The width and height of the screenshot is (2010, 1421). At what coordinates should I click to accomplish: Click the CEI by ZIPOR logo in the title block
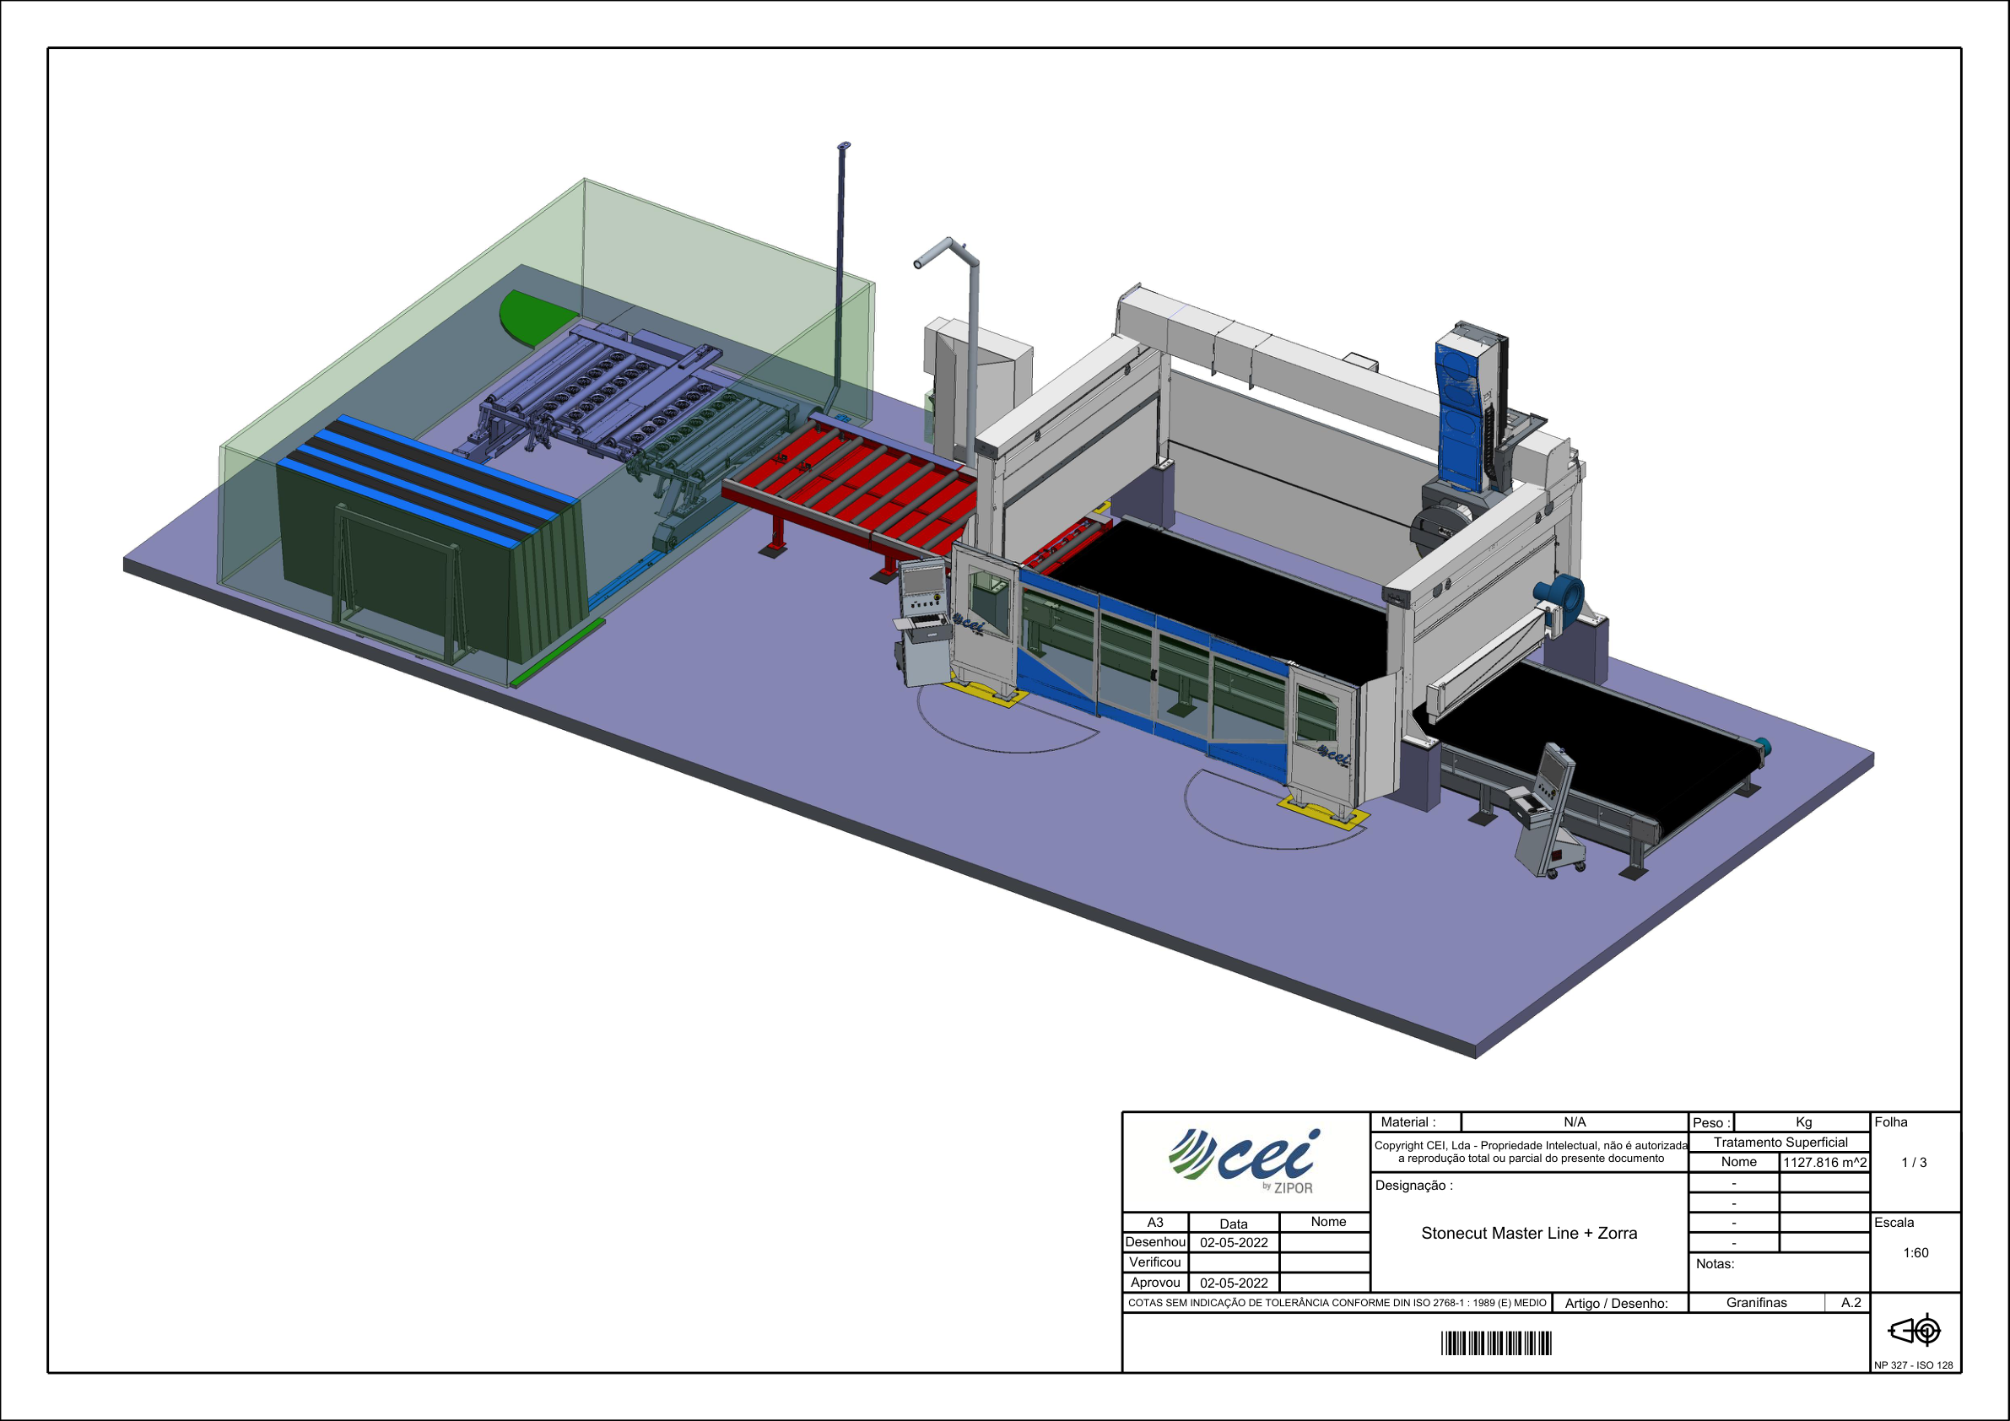(x=1243, y=1161)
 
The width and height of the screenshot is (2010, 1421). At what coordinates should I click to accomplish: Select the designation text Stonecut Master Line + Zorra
(x=1528, y=1233)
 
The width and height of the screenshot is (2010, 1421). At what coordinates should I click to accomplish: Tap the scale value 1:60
(x=1915, y=1253)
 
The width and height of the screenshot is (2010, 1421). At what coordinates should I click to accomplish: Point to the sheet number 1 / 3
(x=1914, y=1163)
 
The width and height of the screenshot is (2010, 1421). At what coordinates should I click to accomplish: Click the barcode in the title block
(x=1496, y=1343)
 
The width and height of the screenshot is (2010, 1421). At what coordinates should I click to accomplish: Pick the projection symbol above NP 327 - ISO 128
(x=1915, y=1331)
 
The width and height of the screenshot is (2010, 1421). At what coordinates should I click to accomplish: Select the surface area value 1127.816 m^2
(x=1824, y=1163)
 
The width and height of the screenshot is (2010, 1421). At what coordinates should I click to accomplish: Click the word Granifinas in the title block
(x=1756, y=1303)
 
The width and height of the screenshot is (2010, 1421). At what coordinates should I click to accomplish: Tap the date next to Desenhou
(x=1234, y=1242)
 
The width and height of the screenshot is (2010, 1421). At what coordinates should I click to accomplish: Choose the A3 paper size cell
(x=1155, y=1222)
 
